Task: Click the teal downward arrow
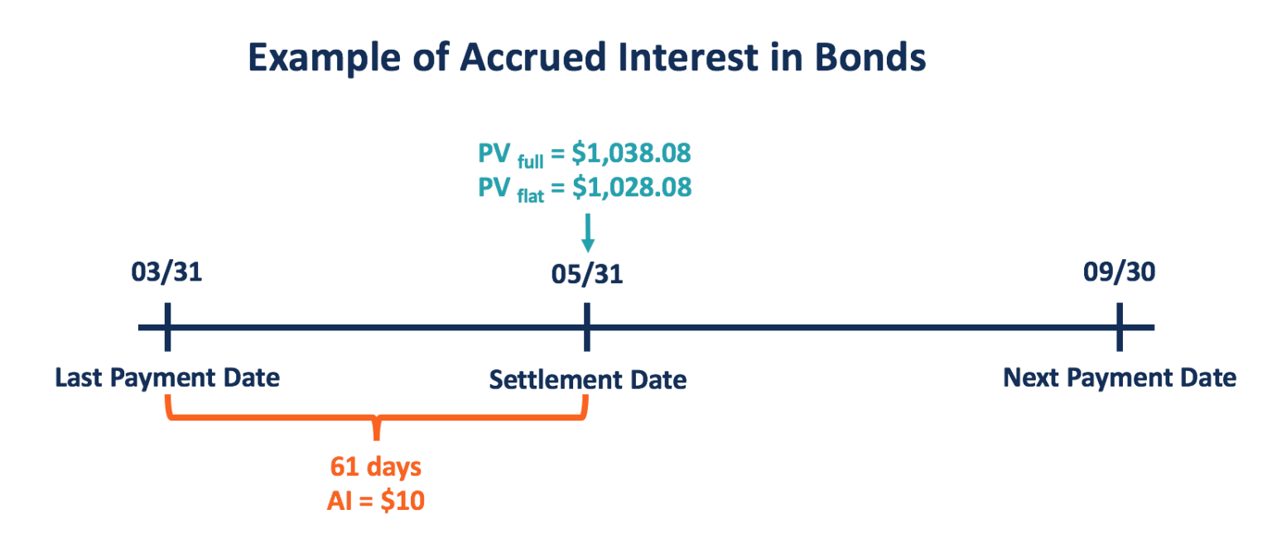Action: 587,233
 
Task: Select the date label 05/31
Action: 587,275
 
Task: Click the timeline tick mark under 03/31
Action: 167,327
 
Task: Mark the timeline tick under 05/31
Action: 587,327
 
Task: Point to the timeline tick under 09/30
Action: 1119,327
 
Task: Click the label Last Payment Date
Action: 167,378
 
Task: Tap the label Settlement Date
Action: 587,380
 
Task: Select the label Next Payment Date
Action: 1119,378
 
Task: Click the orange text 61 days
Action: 376,467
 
